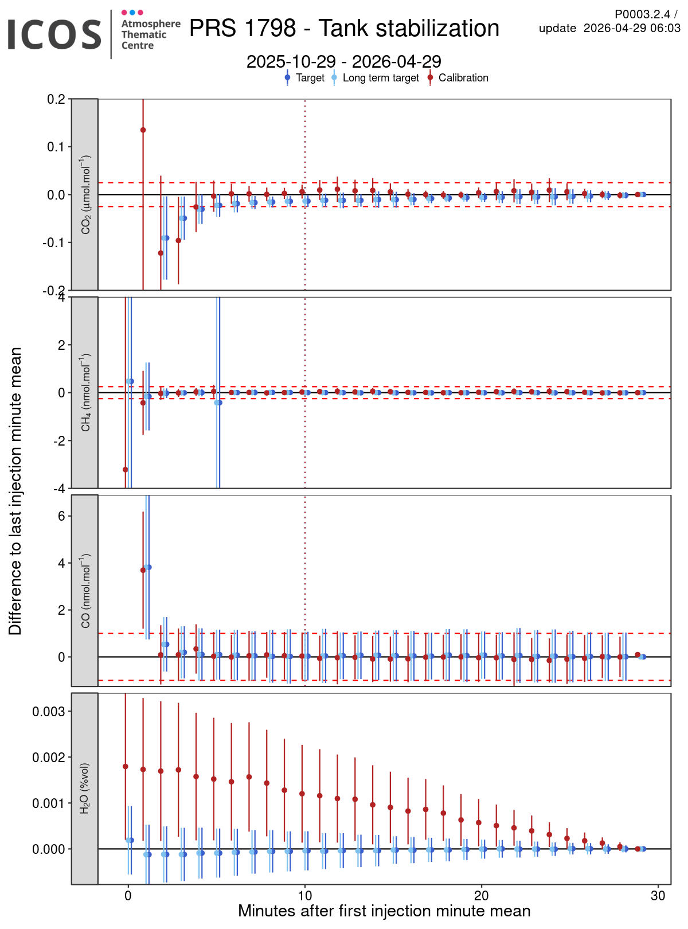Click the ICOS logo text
click(54, 34)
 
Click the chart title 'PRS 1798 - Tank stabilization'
click(344, 28)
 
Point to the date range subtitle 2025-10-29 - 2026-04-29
click(344, 61)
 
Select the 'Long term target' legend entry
click(380, 78)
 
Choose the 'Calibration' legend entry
click(463, 78)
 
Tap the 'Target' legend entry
click(310, 78)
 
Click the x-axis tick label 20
click(481, 896)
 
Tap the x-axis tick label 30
click(658, 896)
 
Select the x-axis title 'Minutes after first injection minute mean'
click(384, 911)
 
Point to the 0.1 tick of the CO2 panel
click(56, 147)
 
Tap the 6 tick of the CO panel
click(60, 516)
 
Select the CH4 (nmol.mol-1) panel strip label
click(85, 393)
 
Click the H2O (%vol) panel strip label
click(85, 789)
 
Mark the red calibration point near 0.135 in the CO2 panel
click(143, 130)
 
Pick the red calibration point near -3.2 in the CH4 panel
click(126, 470)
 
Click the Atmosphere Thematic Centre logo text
click(150, 34)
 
